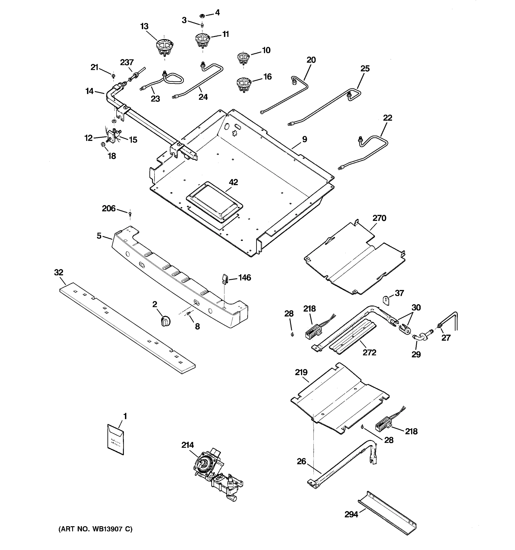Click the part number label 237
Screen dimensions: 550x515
(x=127, y=63)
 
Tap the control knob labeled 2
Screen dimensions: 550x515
(x=166, y=321)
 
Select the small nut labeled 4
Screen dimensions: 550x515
(x=202, y=16)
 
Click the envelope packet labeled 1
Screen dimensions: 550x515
(x=116, y=439)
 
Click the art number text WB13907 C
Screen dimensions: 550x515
(x=95, y=529)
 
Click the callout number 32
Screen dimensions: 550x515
(x=59, y=272)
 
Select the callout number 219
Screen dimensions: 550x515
(x=301, y=372)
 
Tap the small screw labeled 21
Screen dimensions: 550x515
(x=113, y=76)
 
